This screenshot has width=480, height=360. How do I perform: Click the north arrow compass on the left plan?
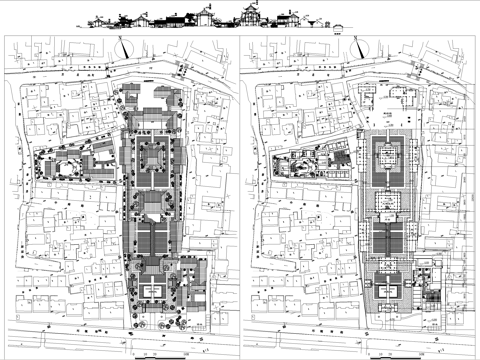point(121,44)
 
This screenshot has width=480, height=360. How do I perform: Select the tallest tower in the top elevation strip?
point(247,15)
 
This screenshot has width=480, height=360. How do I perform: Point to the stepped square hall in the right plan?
point(390,155)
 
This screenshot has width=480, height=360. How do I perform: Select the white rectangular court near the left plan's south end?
point(153,290)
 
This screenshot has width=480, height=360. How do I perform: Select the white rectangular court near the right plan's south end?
point(390,290)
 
